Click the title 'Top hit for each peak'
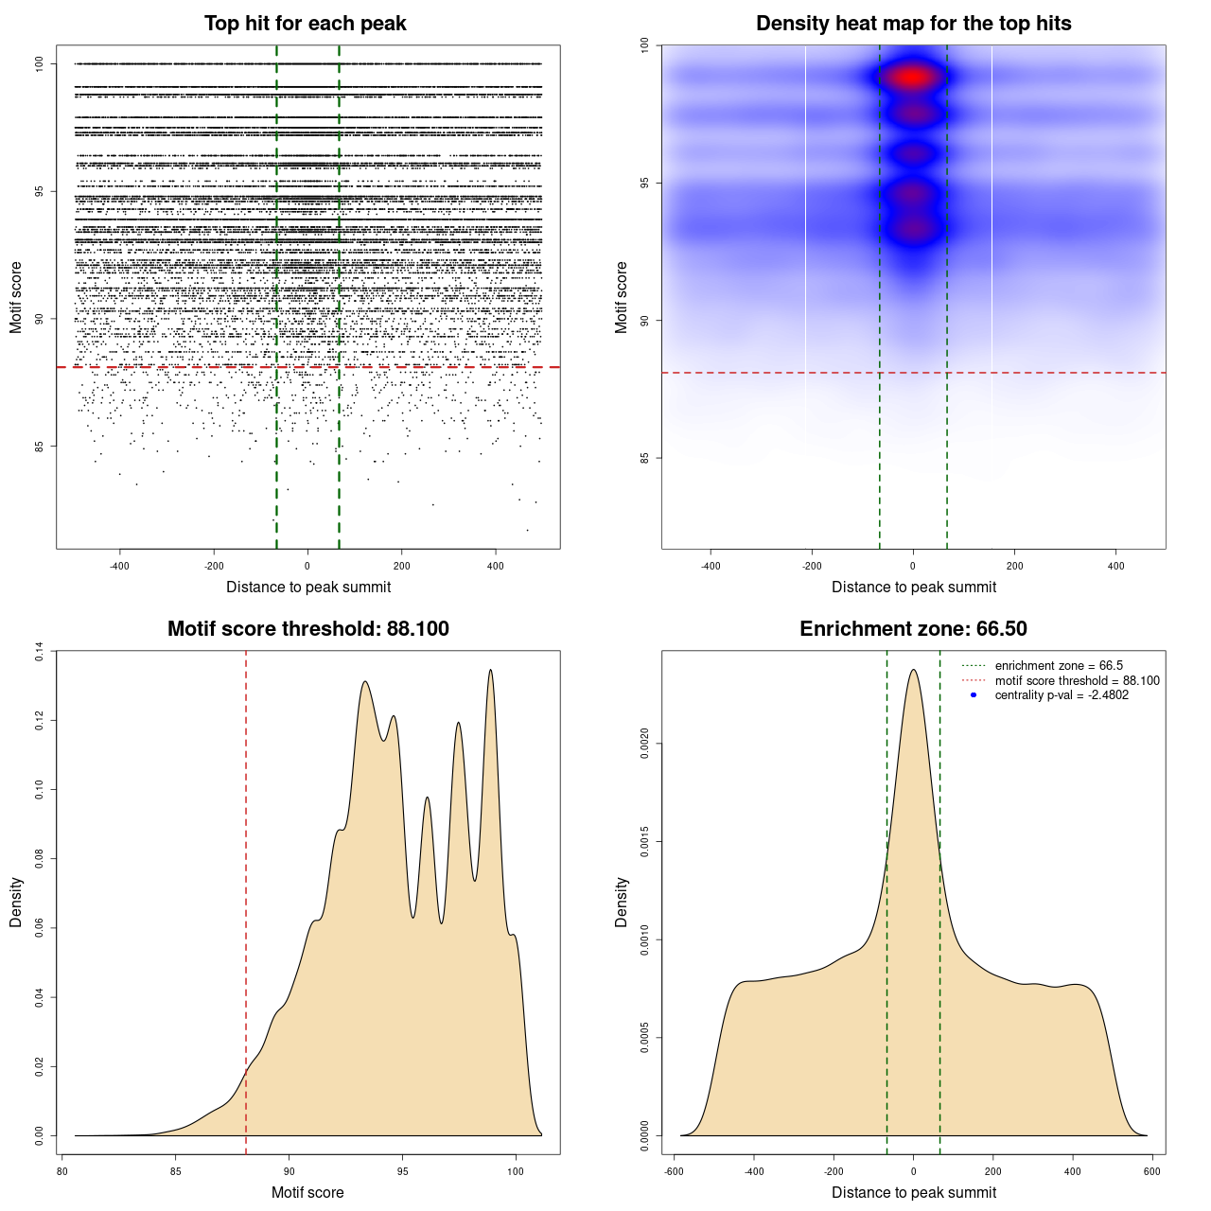pyautogui.click(x=305, y=24)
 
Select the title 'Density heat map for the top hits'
pyautogui.click(x=913, y=24)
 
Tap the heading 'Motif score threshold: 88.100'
pyautogui.click(x=307, y=629)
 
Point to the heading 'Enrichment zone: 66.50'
pyautogui.click(x=913, y=629)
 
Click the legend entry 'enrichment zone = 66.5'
pyautogui.click(x=1059, y=666)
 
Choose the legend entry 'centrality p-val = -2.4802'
pyautogui.click(x=1062, y=695)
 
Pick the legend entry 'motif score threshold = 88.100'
pyautogui.click(x=1077, y=681)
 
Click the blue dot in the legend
pyautogui.click(x=974, y=695)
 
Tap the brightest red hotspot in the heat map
pyautogui.click(x=912, y=78)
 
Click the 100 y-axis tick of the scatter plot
pyautogui.click(x=40, y=63)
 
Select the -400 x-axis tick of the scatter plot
pyautogui.click(x=119, y=566)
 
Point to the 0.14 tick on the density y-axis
pyautogui.click(x=40, y=652)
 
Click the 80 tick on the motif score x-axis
pyautogui.click(x=62, y=1171)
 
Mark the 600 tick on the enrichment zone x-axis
pyautogui.click(x=1151, y=1171)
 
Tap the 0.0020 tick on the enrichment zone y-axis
pyautogui.click(x=645, y=744)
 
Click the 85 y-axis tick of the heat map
pyautogui.click(x=645, y=458)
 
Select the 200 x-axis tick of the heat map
pyautogui.click(x=1014, y=566)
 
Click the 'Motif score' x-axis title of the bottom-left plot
pyautogui.click(x=307, y=1192)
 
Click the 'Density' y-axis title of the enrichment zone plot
pyautogui.click(x=622, y=902)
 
